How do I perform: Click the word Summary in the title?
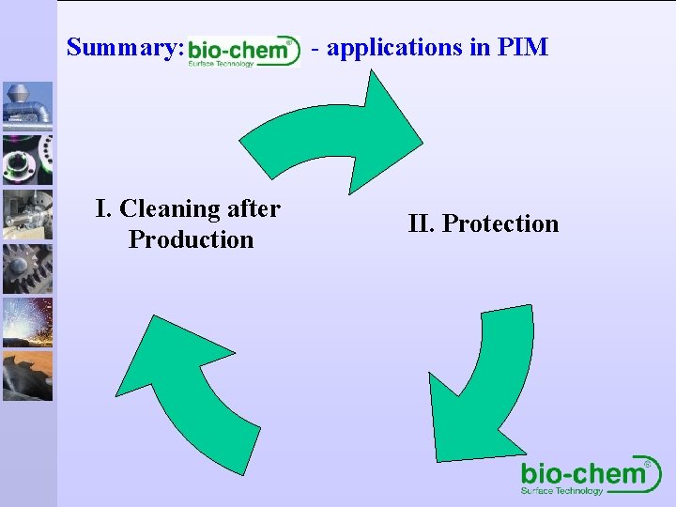pyautogui.click(x=122, y=47)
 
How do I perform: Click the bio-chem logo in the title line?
pyautogui.click(x=243, y=52)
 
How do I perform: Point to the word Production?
pyautogui.click(x=191, y=239)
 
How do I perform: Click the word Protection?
pyautogui.click(x=499, y=223)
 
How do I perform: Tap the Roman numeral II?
pyautogui.click(x=420, y=223)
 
